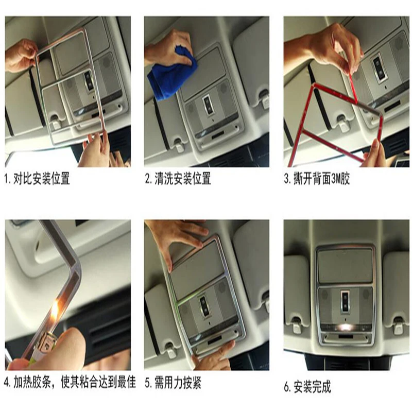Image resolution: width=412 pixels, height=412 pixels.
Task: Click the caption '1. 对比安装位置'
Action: [37, 179]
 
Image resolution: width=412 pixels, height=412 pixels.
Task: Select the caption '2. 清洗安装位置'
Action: [178, 179]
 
